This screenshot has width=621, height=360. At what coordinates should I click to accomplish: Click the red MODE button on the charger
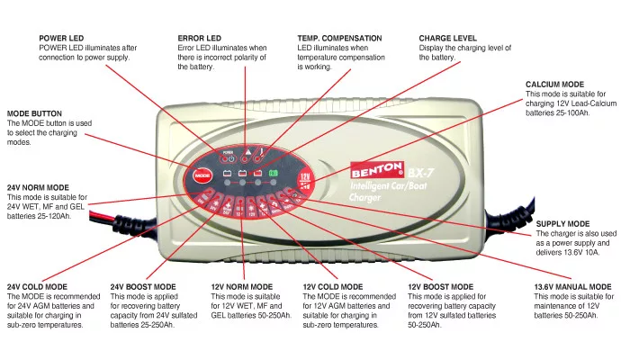click(x=202, y=173)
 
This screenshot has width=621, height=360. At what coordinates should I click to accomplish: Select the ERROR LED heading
click(x=200, y=38)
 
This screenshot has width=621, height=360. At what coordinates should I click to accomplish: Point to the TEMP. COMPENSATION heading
click(x=339, y=38)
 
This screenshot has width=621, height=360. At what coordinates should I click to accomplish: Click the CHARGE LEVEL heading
click(x=448, y=38)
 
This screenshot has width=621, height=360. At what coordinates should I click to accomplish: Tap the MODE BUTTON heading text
click(x=34, y=113)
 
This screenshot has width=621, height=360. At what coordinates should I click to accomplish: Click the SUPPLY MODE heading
click(x=562, y=223)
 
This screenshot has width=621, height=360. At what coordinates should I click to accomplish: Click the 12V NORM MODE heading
click(x=242, y=287)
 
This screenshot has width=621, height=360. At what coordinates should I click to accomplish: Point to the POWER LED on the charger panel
click(x=214, y=151)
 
